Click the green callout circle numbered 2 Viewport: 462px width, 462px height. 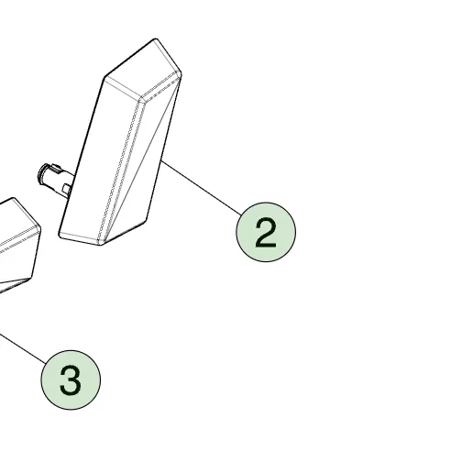[x=266, y=232]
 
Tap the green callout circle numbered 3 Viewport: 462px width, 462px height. [x=71, y=379]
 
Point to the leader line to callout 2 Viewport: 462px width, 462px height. [x=201, y=188]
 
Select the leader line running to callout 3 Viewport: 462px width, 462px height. [x=23, y=348]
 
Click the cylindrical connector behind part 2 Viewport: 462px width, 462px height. [x=55, y=179]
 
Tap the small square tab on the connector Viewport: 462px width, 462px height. [x=66, y=189]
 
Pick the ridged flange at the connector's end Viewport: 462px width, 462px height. [x=42, y=174]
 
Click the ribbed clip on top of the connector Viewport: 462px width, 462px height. [x=54, y=167]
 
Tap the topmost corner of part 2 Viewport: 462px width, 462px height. [x=156, y=38]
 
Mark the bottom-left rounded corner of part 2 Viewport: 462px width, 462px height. [x=60, y=236]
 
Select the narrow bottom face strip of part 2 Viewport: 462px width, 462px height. [x=81, y=237]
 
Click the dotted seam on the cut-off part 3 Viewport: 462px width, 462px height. [x=19, y=236]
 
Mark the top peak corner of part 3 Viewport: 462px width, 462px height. [x=13, y=198]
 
